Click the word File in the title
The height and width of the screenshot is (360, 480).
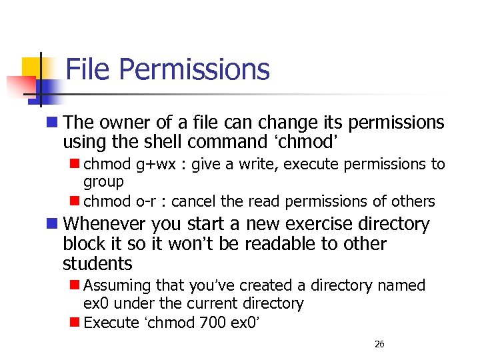[x=87, y=69]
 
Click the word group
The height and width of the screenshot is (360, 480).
[x=103, y=181]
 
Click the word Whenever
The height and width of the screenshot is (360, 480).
[x=106, y=224]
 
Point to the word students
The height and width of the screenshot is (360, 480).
[x=97, y=263]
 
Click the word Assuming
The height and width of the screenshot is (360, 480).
[x=118, y=286]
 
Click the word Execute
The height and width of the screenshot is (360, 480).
[x=111, y=323]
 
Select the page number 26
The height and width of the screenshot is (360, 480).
[x=379, y=344]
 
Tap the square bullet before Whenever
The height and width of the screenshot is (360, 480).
[x=53, y=224]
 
